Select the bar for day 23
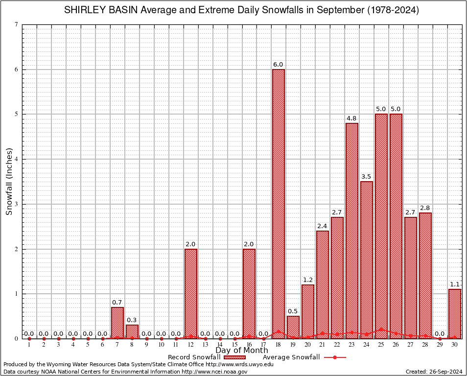[x=352, y=231]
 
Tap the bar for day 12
[x=191, y=294]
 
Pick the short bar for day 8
[x=132, y=331]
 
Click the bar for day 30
[x=455, y=314]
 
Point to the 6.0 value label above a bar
[x=279, y=65]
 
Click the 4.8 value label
[x=352, y=118]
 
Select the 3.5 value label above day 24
[x=367, y=176]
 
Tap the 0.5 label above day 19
[x=293, y=311]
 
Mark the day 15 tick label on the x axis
[x=235, y=345]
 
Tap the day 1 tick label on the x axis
[x=29, y=345]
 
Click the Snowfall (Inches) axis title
[x=9, y=182]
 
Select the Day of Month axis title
[x=242, y=351]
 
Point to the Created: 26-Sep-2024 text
[x=434, y=372]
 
